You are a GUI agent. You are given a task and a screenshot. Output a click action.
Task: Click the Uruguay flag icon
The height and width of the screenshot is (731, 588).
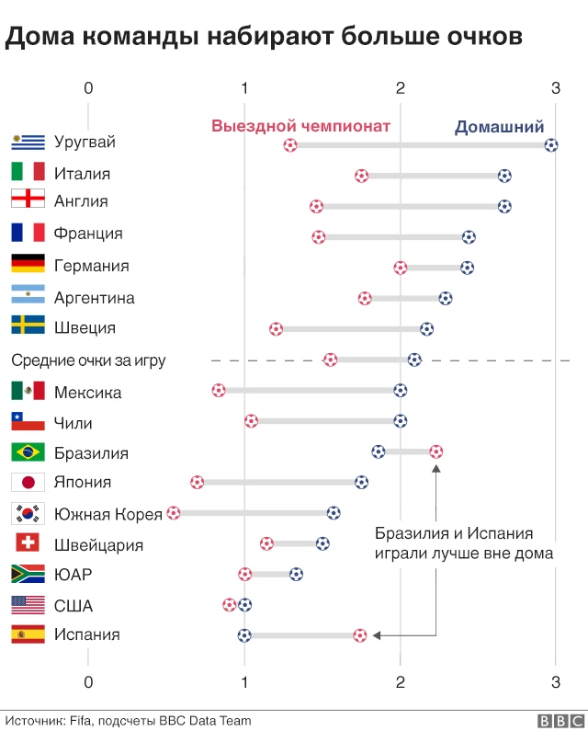click(x=28, y=142)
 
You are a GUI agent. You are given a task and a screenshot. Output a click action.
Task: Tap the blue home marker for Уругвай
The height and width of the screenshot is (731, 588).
click(x=550, y=144)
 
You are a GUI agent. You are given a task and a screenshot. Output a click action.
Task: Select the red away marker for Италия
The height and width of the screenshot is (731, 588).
click(x=362, y=176)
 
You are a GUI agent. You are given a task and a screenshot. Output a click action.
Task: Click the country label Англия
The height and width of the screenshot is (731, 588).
click(x=81, y=201)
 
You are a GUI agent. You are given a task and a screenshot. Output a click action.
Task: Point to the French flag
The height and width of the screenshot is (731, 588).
click(x=28, y=234)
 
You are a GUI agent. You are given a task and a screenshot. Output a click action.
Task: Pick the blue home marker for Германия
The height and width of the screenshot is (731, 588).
click(x=467, y=268)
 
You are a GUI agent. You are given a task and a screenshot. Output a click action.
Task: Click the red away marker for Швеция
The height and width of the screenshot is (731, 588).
click(x=276, y=328)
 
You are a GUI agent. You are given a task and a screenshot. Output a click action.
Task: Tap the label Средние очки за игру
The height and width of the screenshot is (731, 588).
click(x=88, y=360)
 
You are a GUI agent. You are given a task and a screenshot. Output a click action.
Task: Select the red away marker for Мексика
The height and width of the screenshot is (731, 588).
click(x=218, y=390)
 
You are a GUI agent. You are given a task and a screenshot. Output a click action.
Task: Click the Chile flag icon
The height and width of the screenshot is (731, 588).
click(x=28, y=422)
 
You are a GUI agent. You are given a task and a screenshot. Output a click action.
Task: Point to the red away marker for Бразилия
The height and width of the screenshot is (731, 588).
click(x=435, y=451)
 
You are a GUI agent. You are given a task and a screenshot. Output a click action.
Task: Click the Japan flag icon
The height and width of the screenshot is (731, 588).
click(x=28, y=483)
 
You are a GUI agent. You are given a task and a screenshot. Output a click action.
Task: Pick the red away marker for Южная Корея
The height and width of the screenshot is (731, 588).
click(x=174, y=513)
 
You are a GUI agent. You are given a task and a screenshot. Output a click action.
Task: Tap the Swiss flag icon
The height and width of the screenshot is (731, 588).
click(x=28, y=543)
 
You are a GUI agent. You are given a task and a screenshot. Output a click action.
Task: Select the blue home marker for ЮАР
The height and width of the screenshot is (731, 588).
click(x=296, y=574)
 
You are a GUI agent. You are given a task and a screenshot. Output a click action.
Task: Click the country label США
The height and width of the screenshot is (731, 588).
click(x=73, y=606)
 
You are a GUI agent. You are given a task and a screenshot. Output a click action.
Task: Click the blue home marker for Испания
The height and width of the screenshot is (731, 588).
click(x=243, y=634)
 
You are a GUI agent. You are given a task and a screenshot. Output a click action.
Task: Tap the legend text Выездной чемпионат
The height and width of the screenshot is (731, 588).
click(x=301, y=127)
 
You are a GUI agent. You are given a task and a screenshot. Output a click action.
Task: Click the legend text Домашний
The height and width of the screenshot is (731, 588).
click(x=500, y=128)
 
